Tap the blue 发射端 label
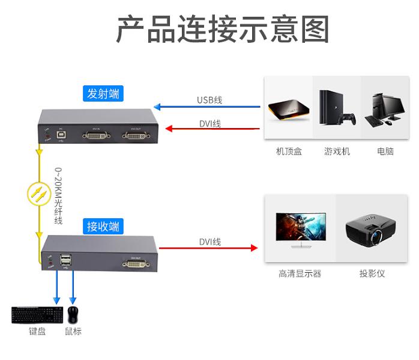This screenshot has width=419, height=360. click(103, 93)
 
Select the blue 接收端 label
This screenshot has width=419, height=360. click(103, 226)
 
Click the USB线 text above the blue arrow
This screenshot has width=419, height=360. click(209, 100)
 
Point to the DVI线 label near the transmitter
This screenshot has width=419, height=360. click(209, 123)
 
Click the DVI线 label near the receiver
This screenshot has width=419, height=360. click(209, 242)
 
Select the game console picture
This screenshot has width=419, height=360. click(336, 108)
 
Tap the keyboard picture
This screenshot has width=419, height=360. click(37, 315)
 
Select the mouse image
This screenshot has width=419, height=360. click(73, 314)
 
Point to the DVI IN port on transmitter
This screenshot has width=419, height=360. click(97, 136)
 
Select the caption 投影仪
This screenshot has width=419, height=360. click(372, 273)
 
